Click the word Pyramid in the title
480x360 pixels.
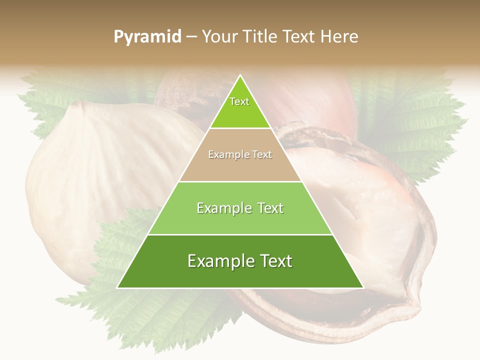(x=147, y=37)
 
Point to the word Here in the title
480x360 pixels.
(x=339, y=37)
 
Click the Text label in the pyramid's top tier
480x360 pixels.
(x=239, y=101)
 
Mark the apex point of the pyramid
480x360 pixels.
(x=240, y=75)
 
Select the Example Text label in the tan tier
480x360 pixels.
(x=240, y=155)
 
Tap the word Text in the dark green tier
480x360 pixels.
(x=274, y=261)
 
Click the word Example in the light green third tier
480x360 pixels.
(x=223, y=208)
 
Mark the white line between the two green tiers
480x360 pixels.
(x=240, y=234)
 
